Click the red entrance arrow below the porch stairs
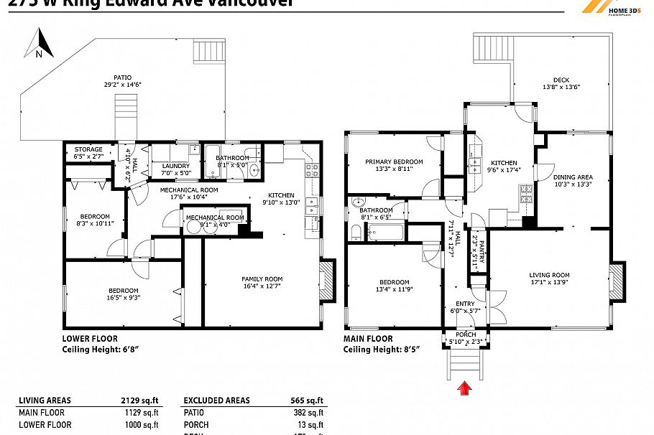465,388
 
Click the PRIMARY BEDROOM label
393,162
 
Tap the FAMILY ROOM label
262,279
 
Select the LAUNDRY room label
176,166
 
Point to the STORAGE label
88,149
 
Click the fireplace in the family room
327,280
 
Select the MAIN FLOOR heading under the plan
368,339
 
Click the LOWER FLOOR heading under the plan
90,339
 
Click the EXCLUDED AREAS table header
217,401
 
